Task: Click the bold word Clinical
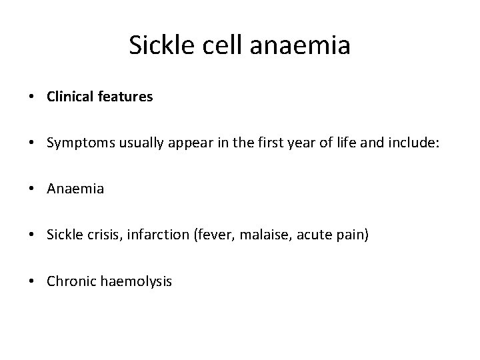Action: pos(70,97)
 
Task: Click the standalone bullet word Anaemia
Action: pos(75,189)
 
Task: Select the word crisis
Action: pos(99,235)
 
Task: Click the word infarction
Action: pos(151,235)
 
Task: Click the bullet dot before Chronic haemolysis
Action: pos(32,281)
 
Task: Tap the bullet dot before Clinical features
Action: pos(32,97)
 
